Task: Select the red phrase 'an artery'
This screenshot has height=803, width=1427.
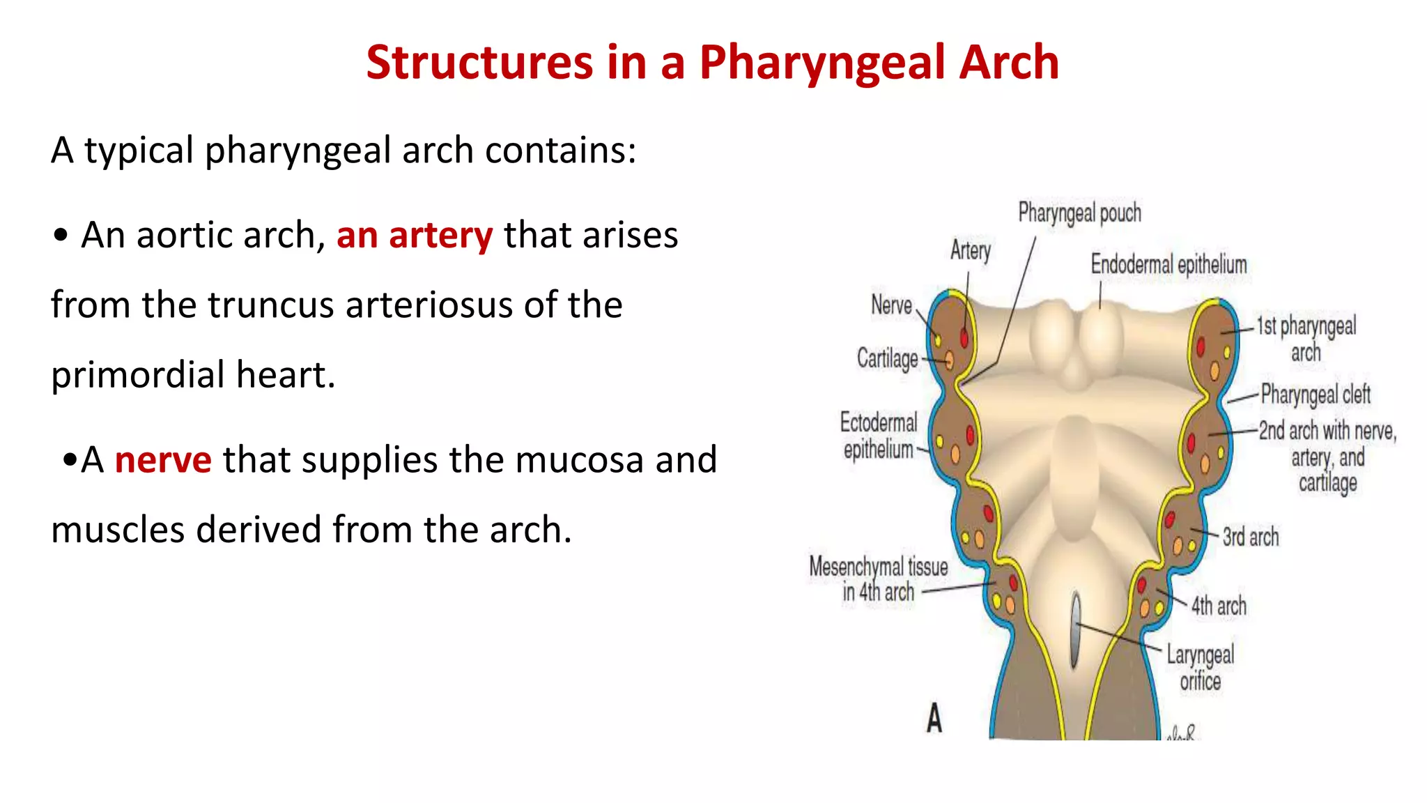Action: tap(415, 236)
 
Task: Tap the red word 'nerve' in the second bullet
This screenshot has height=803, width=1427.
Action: tap(163, 460)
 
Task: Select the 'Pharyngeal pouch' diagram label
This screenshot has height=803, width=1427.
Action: tap(1079, 213)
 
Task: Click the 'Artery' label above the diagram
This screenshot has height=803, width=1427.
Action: tap(970, 250)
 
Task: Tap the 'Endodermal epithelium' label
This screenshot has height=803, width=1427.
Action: tap(1168, 265)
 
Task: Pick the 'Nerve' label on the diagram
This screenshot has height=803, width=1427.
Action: tap(891, 305)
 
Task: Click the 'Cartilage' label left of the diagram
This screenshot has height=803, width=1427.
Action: tap(887, 358)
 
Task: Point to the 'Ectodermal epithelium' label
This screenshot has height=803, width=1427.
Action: tap(879, 436)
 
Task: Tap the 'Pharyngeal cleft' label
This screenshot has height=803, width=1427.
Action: tap(1316, 395)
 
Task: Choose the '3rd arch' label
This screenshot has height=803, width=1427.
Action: tap(1251, 537)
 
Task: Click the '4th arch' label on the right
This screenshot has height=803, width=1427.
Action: tap(1219, 606)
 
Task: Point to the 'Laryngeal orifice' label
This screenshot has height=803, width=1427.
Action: tap(1200, 668)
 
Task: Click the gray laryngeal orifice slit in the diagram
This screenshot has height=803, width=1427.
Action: tap(1077, 630)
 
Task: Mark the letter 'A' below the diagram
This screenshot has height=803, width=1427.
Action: tap(934, 718)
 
